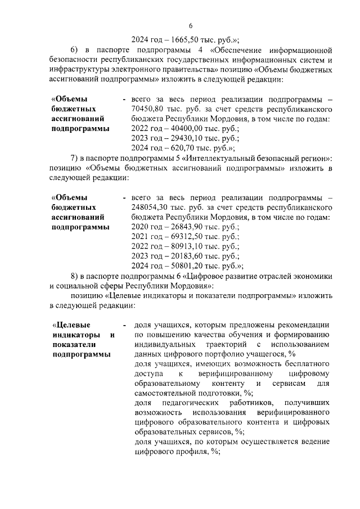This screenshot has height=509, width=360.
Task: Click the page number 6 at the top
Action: tap(190, 26)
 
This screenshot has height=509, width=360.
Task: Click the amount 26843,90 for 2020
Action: tap(180, 227)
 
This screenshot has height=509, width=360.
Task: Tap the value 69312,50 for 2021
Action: tap(180, 237)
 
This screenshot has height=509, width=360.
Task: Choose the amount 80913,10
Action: tap(180, 247)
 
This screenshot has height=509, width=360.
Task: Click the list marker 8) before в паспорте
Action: tap(75, 277)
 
